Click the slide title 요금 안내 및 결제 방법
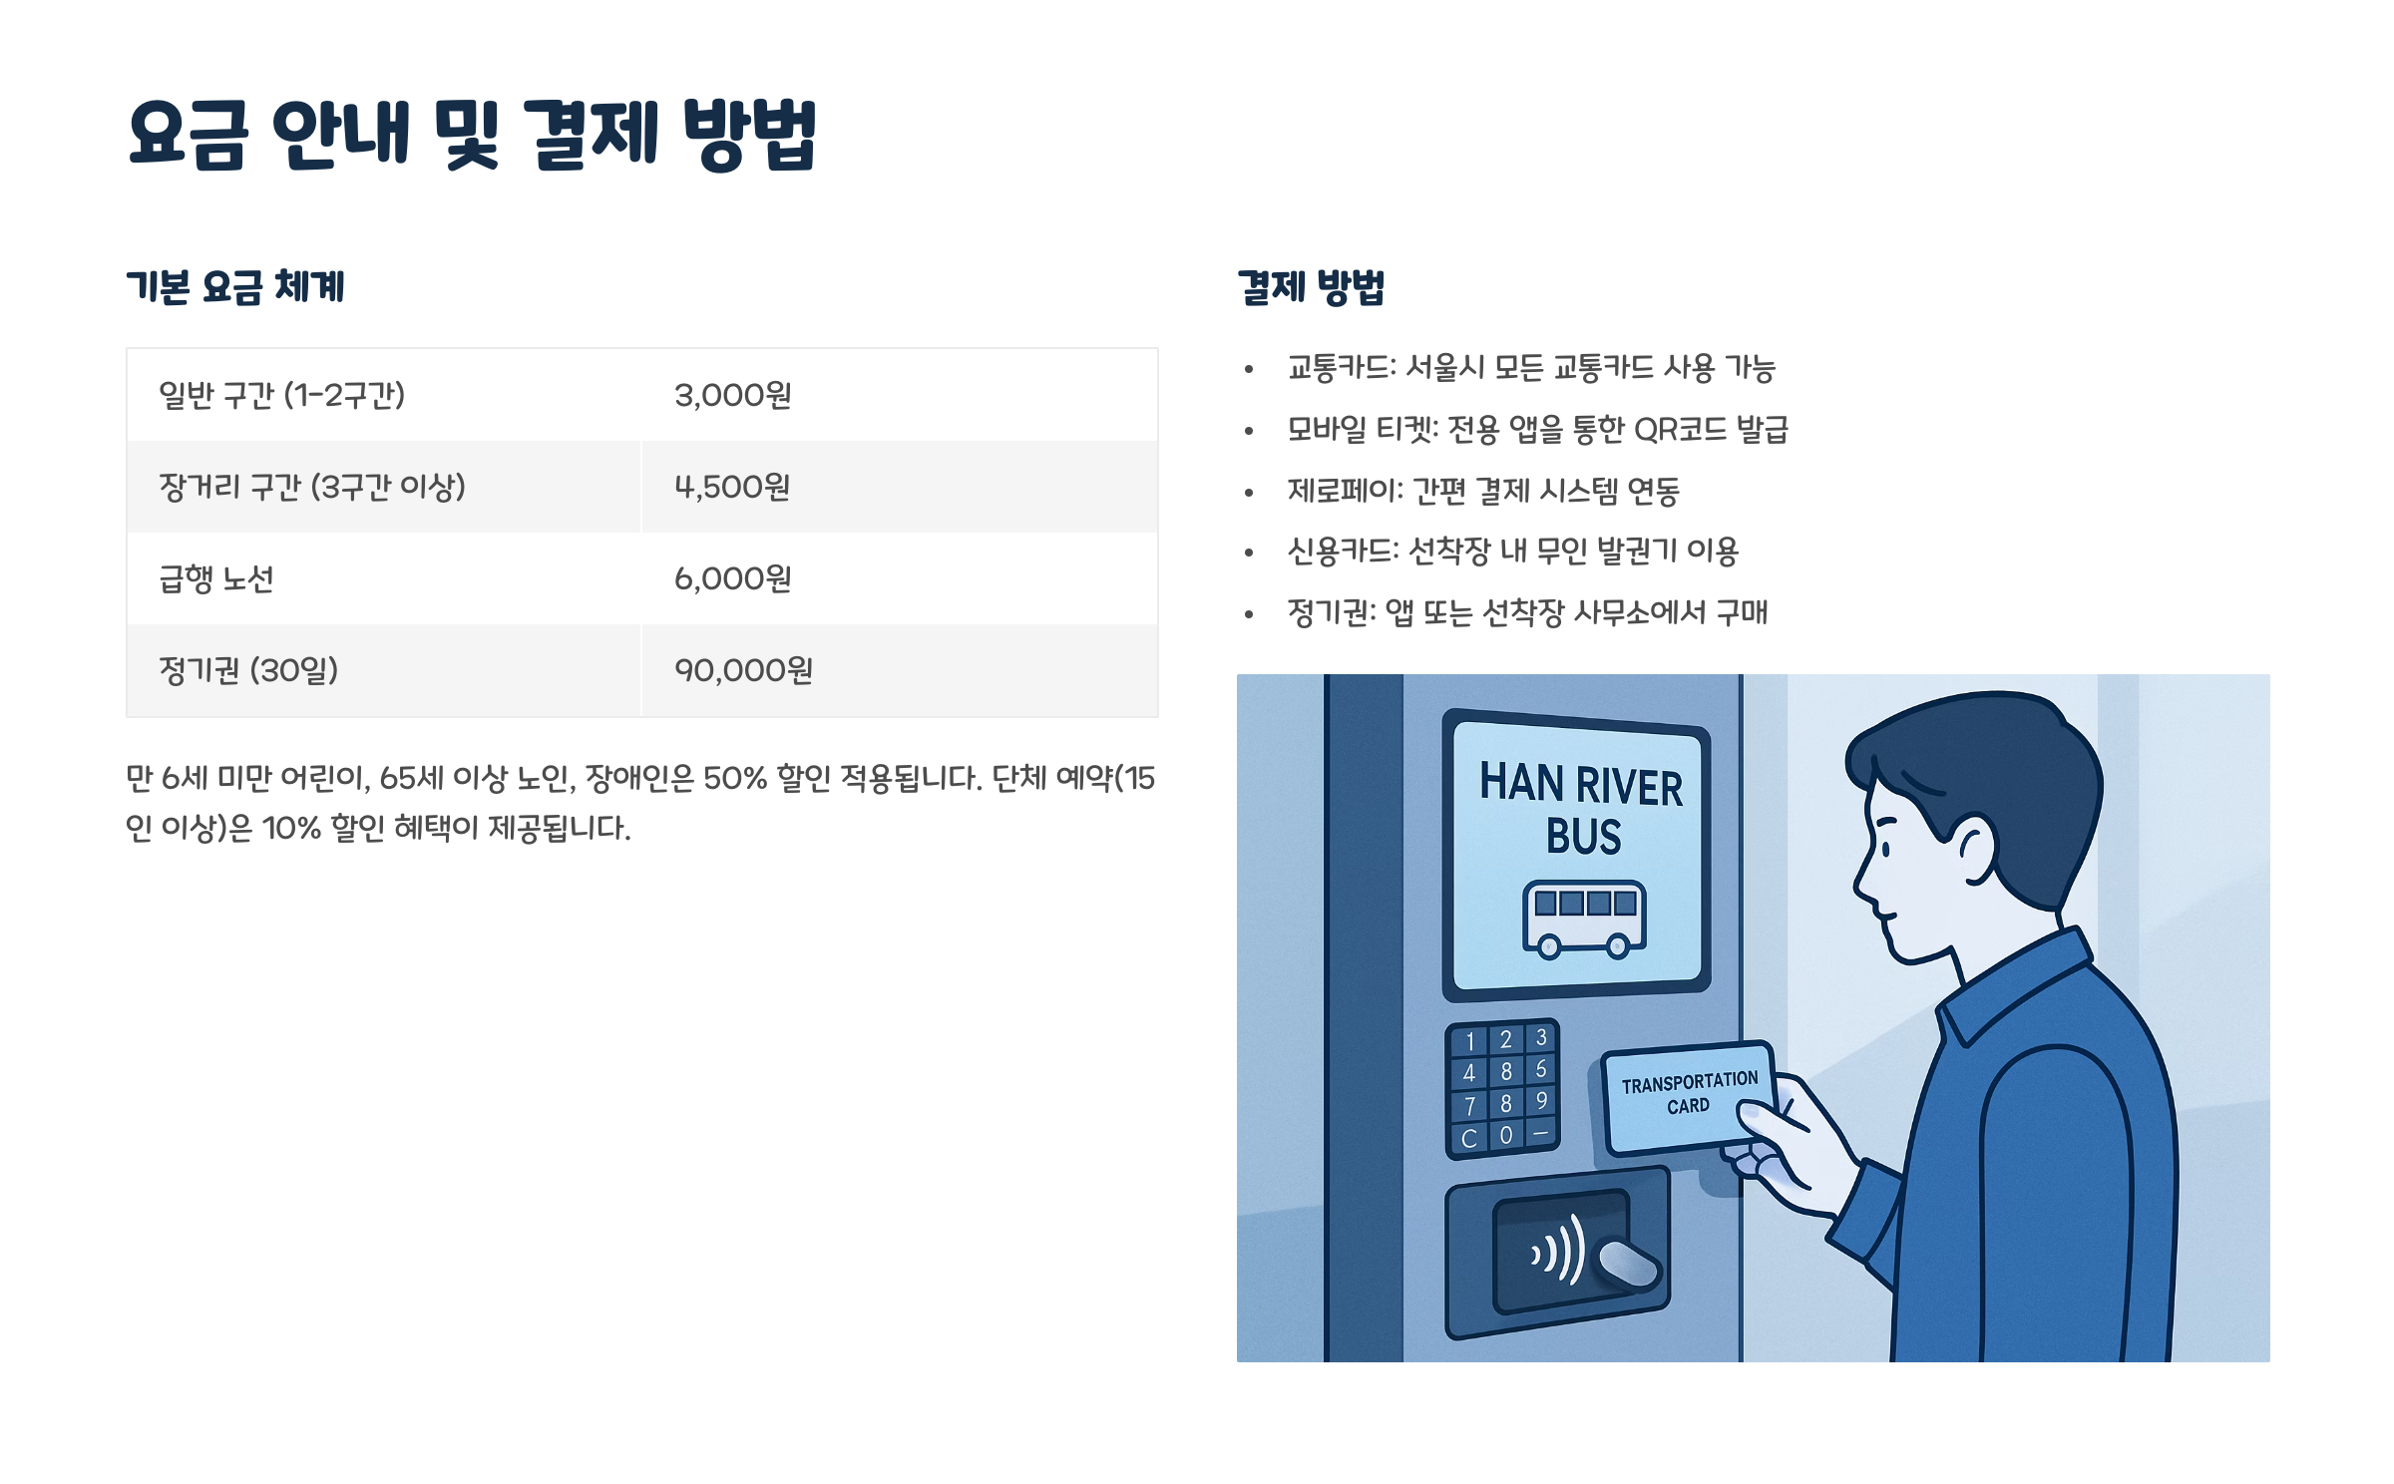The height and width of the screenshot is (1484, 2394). (472, 135)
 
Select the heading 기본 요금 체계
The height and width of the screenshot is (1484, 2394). (235, 287)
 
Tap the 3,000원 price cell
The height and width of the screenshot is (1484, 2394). (733, 396)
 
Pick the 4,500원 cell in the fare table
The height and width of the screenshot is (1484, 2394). (733, 488)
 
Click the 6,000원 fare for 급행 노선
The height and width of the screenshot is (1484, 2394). (733, 579)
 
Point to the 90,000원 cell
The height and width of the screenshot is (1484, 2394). (743, 671)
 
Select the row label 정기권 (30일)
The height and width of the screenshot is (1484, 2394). (248, 671)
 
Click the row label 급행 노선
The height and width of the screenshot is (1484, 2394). (215, 579)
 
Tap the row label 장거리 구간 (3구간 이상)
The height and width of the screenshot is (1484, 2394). (312, 488)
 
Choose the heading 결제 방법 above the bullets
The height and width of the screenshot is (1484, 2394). (1311, 287)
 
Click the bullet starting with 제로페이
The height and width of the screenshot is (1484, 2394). (1483, 491)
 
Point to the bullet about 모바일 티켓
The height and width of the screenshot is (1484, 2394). (1537, 430)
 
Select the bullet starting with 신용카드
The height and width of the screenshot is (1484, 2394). (1512, 552)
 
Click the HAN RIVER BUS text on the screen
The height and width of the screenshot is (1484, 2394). (1581, 808)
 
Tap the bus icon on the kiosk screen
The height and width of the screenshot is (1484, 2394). (1583, 919)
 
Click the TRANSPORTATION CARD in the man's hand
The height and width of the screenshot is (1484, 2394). (1688, 1094)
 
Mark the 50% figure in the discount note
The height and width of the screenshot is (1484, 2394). (735, 778)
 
